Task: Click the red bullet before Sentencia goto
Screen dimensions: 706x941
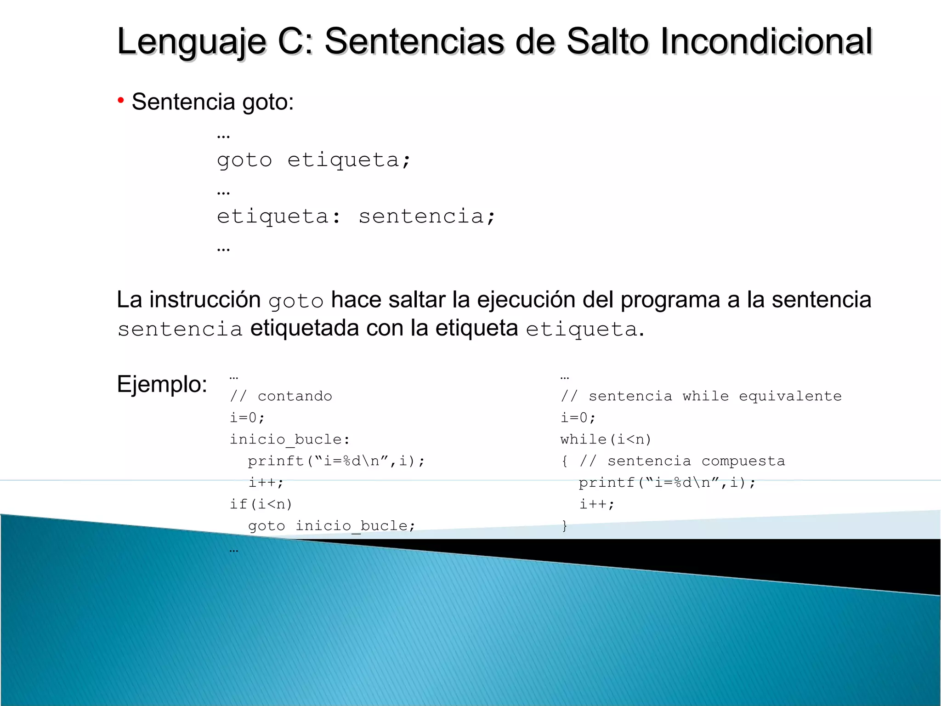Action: (x=121, y=100)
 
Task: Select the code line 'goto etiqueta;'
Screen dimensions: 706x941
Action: (x=314, y=160)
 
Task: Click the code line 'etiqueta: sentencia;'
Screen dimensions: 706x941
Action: (x=356, y=216)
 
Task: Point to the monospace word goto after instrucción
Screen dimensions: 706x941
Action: (x=296, y=302)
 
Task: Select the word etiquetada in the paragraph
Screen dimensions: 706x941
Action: (x=304, y=328)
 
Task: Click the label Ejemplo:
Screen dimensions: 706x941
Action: (x=162, y=384)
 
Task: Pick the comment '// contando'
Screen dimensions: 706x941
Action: (x=281, y=396)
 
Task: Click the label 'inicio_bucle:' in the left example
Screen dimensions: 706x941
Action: (x=290, y=439)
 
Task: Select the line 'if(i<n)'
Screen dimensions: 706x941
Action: (x=261, y=504)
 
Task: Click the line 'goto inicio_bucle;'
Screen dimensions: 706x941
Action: (x=332, y=526)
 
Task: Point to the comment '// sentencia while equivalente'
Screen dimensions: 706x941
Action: (x=701, y=396)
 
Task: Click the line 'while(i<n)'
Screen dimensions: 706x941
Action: (x=606, y=439)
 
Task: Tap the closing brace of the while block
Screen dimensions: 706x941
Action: (x=565, y=526)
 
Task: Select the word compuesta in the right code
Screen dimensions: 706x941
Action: (x=743, y=461)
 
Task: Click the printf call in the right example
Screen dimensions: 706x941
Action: (x=667, y=483)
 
